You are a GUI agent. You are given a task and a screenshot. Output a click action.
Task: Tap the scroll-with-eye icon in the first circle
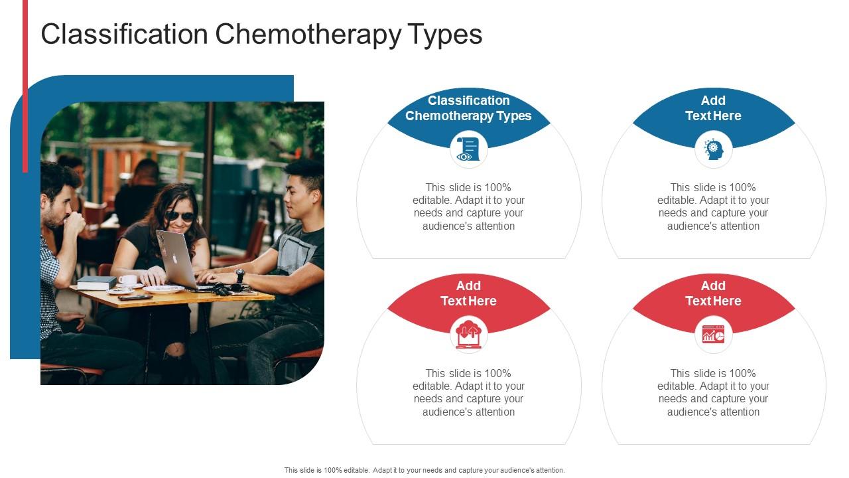point(468,149)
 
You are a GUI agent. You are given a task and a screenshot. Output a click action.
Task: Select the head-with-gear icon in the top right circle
point(714,149)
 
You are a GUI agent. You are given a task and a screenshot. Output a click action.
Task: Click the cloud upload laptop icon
point(468,335)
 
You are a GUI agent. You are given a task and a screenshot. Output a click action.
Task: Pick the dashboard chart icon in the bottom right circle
point(714,335)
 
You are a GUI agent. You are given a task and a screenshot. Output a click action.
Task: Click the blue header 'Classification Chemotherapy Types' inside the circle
point(468,108)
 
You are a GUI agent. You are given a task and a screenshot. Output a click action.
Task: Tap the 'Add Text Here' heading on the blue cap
point(713,108)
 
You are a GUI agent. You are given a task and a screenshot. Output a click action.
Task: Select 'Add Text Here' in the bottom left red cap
point(468,293)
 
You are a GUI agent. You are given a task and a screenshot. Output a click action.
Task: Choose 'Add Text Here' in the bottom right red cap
point(713,293)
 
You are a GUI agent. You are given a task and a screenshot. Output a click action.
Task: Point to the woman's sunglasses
point(180,216)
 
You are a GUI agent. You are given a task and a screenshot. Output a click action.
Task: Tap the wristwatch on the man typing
point(239,276)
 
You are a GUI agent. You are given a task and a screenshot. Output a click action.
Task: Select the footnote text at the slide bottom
point(424,470)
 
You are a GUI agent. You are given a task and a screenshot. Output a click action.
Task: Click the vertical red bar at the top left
point(25,86)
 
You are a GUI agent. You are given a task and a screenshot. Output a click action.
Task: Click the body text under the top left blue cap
point(468,206)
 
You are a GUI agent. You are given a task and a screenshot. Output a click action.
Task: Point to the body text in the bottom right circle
point(713,392)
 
